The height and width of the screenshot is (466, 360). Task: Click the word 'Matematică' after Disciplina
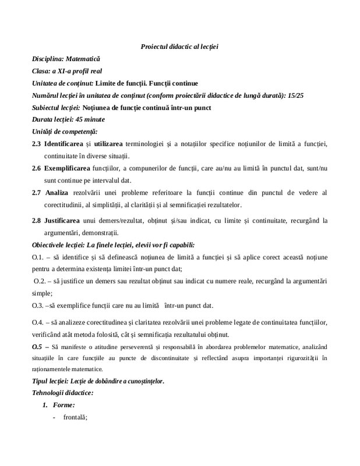[83, 59]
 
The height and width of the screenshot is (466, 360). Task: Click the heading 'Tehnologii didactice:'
[63, 393]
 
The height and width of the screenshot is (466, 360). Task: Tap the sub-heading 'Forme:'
[63, 404]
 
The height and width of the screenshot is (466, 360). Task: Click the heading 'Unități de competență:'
[65, 131]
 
